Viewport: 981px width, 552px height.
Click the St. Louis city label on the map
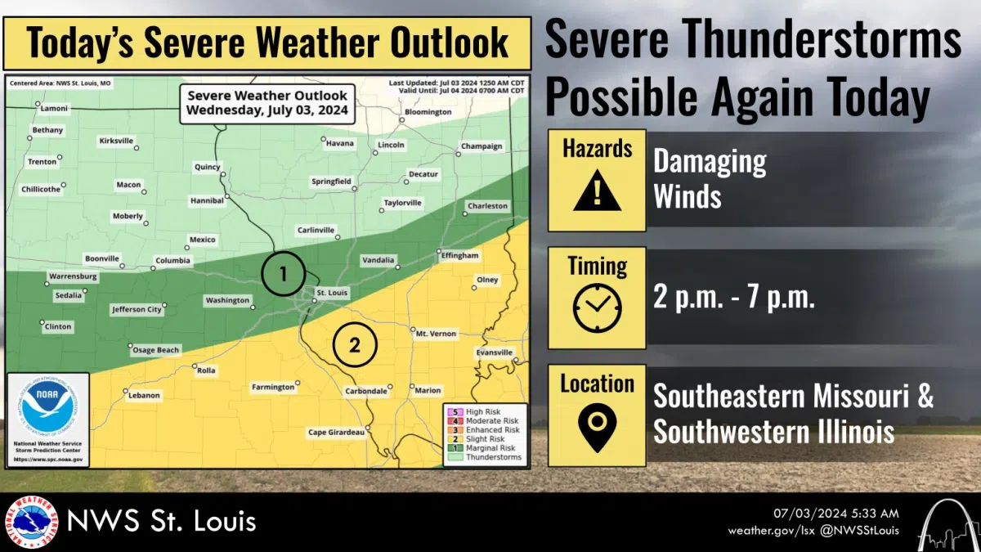pos(332,292)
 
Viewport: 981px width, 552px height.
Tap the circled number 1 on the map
pos(283,274)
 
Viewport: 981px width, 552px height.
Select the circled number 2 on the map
pos(354,345)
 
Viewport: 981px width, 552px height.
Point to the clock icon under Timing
pos(597,309)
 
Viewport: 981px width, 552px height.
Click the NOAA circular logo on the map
pos(47,406)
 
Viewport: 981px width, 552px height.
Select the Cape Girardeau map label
pos(335,432)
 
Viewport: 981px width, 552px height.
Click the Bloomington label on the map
pos(428,112)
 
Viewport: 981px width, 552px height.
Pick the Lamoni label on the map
pos(55,109)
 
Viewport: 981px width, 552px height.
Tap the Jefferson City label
pos(137,310)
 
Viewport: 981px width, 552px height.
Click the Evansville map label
pos(495,352)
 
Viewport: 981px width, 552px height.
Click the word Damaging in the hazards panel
pos(709,163)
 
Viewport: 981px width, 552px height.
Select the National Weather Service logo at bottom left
pos(31,522)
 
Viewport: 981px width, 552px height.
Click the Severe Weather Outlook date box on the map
pos(267,103)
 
